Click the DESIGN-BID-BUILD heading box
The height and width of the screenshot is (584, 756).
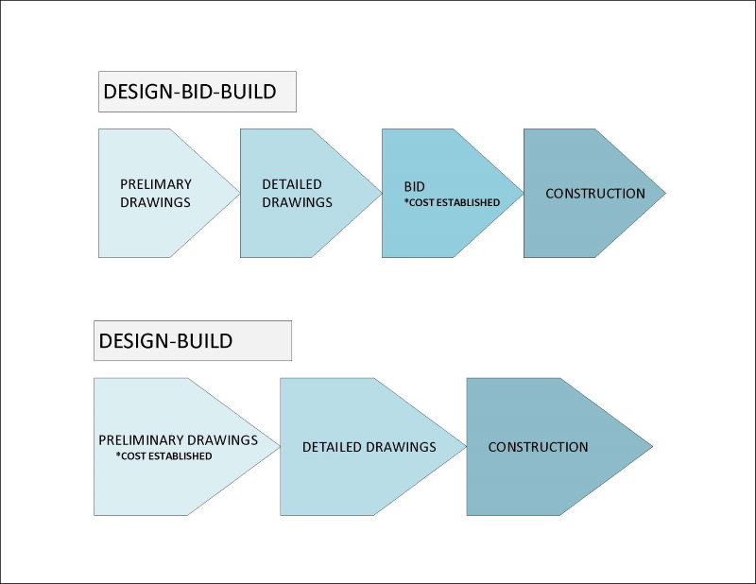[x=197, y=92]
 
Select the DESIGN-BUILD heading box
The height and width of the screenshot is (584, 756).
[x=192, y=340]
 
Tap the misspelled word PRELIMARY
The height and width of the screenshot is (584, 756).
[x=156, y=184]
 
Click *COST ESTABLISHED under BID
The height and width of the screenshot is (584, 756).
[x=452, y=202]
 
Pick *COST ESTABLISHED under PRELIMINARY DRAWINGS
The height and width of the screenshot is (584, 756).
[x=163, y=456]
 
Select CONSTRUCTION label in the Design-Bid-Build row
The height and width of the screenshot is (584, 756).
[x=595, y=194]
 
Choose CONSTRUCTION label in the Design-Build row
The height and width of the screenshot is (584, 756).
[x=538, y=447]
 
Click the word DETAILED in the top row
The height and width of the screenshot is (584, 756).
[x=292, y=184]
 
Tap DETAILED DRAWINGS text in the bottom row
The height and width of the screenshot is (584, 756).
[x=369, y=447]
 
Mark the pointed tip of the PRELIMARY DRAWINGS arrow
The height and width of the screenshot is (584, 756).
[x=239, y=193]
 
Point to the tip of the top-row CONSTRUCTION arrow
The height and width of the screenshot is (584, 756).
[x=664, y=193]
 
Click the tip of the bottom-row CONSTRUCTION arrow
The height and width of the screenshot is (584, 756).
[x=651, y=447]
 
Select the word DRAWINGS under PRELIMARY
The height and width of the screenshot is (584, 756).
[x=155, y=202]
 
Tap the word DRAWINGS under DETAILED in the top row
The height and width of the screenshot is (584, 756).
[x=297, y=202]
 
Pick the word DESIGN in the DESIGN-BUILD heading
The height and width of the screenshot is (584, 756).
[x=133, y=340]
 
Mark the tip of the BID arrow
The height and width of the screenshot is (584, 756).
[x=523, y=193]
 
